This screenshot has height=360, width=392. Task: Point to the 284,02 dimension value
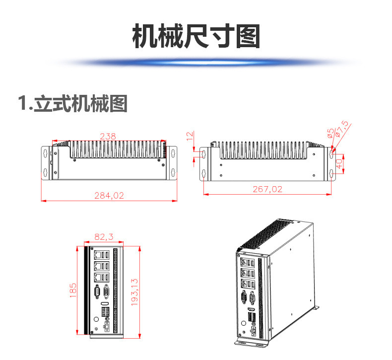[x=109, y=196]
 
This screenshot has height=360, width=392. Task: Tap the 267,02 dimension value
[x=267, y=189]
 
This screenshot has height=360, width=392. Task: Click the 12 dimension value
[x=189, y=136]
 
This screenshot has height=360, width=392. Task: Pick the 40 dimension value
[x=339, y=163]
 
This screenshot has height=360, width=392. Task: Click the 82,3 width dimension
[x=103, y=237]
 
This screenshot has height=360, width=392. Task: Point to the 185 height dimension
[x=73, y=291]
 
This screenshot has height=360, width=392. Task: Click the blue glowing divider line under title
[x=196, y=63]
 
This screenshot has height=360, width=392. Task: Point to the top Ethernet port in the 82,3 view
[x=98, y=254]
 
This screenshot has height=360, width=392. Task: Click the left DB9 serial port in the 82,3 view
[x=98, y=291]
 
